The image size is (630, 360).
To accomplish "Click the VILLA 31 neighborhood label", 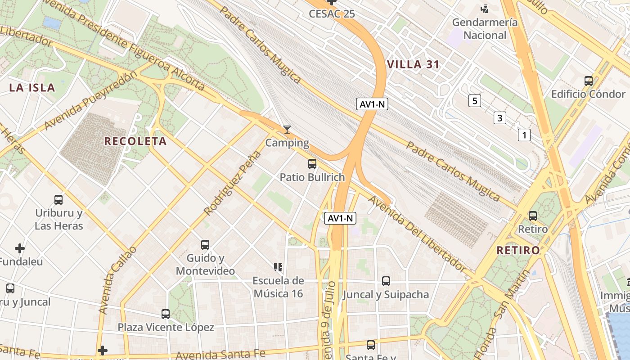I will click(x=413, y=64).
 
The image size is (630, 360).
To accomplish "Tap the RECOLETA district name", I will click(x=135, y=141).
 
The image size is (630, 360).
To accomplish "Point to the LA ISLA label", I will click(x=32, y=88).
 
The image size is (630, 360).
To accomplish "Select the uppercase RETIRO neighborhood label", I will click(x=518, y=250).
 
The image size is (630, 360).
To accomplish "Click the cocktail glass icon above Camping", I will click(x=287, y=130).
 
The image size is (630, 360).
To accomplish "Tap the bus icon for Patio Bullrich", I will click(x=312, y=164).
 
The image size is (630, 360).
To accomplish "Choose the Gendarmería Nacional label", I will click(x=485, y=28).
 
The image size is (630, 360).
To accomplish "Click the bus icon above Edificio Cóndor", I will click(x=588, y=81).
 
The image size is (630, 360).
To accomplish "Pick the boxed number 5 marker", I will click(x=474, y=101).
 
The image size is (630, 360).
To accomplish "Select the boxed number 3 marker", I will click(x=499, y=118).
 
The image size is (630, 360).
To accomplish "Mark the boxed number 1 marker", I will click(x=524, y=135).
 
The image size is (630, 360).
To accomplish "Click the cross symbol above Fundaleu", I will click(x=20, y=248).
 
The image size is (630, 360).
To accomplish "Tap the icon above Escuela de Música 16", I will click(x=278, y=267).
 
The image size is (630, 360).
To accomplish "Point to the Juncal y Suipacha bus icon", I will click(x=386, y=281).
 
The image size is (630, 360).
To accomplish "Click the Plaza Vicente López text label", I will click(x=166, y=327).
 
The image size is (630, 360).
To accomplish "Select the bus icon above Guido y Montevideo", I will click(x=205, y=245).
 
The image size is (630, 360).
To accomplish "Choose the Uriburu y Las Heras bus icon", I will click(x=58, y=199).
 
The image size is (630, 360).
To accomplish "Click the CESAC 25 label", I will click(x=332, y=13).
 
